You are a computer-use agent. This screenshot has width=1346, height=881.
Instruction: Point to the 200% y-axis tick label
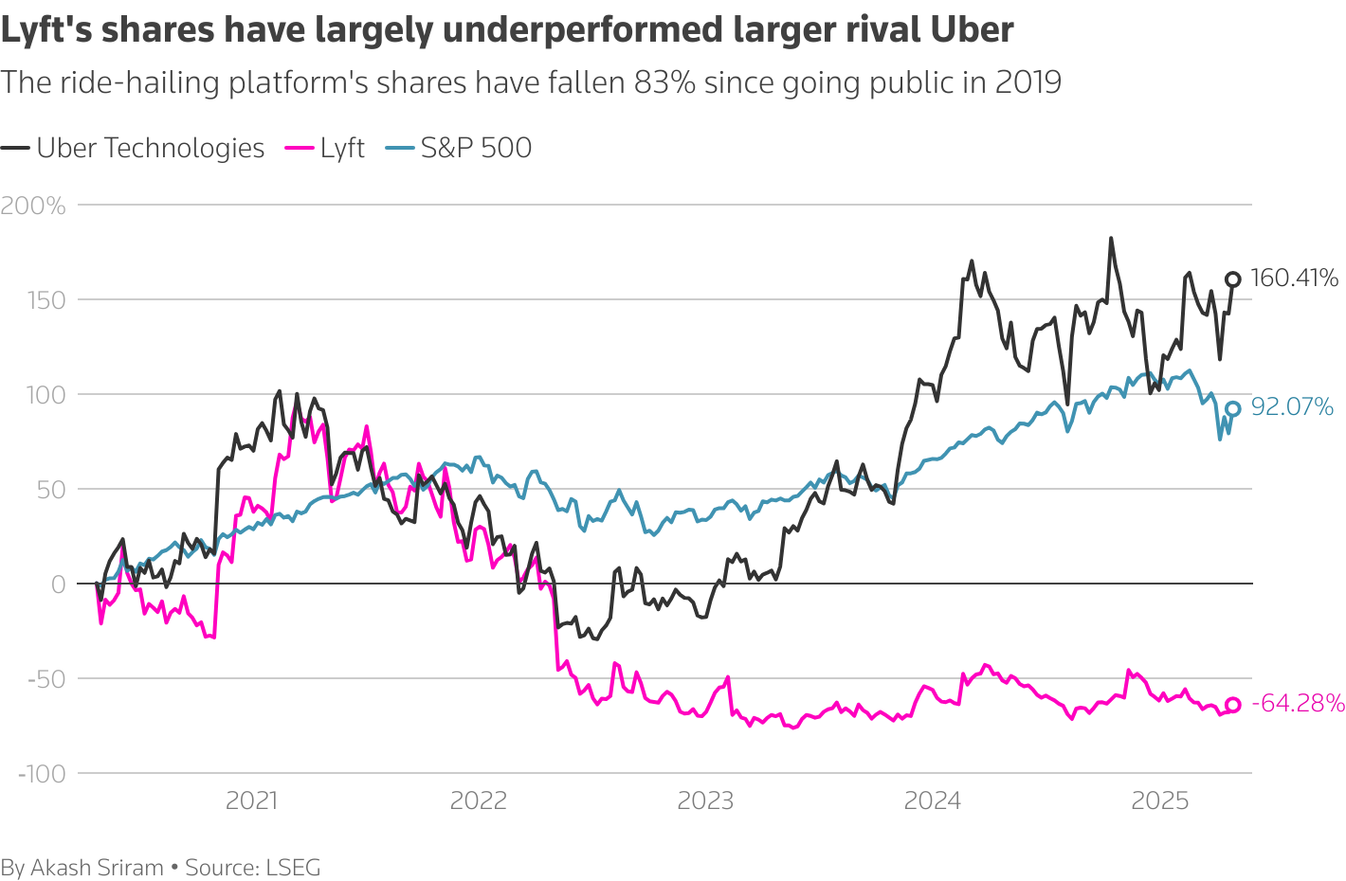click(33, 206)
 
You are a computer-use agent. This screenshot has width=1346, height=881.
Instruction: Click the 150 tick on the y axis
click(45, 300)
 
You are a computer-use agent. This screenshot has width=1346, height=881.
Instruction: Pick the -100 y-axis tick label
click(43, 774)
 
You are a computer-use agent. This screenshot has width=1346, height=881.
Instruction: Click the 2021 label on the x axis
click(251, 801)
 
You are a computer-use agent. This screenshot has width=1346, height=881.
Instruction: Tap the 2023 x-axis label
click(705, 801)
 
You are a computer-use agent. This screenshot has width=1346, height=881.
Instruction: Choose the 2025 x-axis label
click(1159, 801)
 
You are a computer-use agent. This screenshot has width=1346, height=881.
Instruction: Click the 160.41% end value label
click(1294, 279)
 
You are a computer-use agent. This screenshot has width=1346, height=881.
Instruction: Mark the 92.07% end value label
click(1292, 407)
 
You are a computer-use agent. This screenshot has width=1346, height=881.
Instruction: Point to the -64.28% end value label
click(1298, 703)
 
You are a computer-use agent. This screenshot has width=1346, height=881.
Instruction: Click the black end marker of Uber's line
click(1233, 279)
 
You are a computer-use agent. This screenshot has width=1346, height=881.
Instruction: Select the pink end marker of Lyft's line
click(1233, 704)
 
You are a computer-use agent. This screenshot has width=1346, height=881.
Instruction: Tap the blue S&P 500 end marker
click(1233, 409)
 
